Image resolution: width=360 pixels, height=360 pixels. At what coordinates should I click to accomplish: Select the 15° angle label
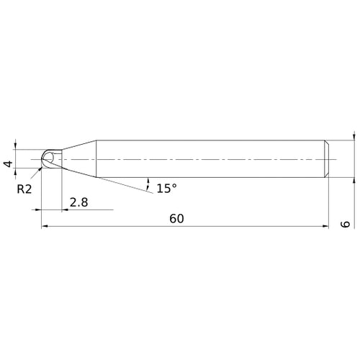166,188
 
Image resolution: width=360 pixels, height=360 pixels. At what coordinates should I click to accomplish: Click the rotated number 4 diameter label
8,165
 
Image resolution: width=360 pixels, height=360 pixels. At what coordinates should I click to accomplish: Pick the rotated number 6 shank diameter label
346,225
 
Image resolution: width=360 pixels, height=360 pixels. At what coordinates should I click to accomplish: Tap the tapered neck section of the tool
79,158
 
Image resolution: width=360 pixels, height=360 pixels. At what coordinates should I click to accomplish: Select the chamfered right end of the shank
328,158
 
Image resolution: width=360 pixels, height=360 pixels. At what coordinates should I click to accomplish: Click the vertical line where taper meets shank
97,158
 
